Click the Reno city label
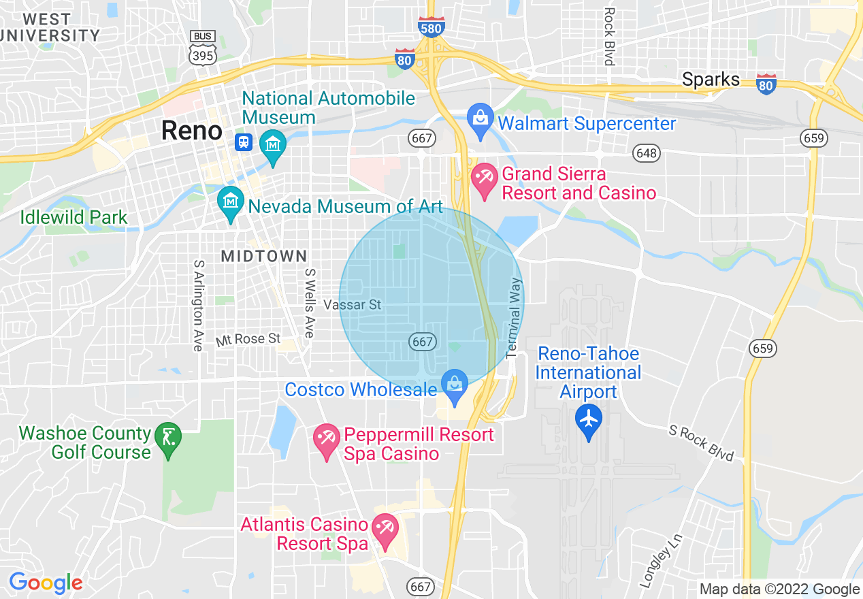click(x=191, y=131)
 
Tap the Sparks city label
click(x=711, y=80)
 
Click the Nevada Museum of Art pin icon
click(x=230, y=204)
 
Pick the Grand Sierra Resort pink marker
click(x=485, y=180)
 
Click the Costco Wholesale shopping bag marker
click(x=454, y=386)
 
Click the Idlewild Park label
click(x=74, y=218)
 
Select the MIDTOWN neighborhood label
click(x=264, y=256)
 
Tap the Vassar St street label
click(x=353, y=304)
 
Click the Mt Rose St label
click(x=248, y=339)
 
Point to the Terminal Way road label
click(x=515, y=317)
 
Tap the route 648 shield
click(x=645, y=152)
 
